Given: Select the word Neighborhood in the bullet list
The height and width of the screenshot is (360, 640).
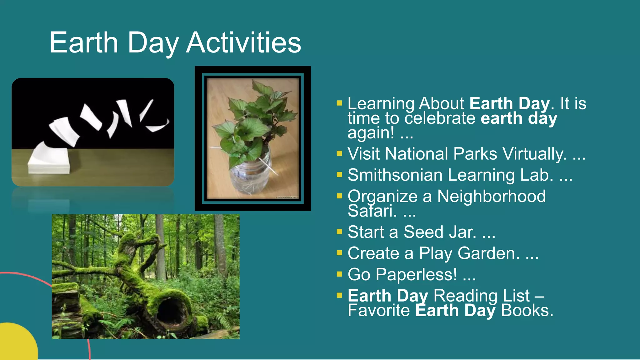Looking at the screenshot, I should tap(491, 196).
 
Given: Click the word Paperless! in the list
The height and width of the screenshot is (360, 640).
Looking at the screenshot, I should tap(416, 275).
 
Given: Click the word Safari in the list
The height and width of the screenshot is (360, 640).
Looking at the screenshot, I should tap(372, 211).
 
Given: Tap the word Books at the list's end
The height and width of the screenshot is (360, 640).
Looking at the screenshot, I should tap(527, 311).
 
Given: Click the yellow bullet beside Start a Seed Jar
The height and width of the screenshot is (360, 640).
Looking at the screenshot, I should tap(339, 232).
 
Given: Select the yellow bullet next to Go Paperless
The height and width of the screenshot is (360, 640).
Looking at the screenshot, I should tap(339, 274).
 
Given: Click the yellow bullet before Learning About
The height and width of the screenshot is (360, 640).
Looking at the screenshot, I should tap(339, 103).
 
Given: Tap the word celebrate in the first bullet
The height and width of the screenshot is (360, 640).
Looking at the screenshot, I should tap(440, 118).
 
